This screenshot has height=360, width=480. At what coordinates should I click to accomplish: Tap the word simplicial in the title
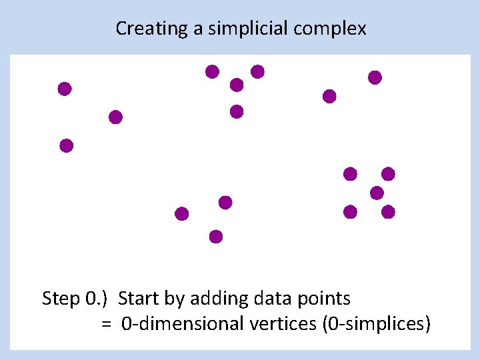click(239, 29)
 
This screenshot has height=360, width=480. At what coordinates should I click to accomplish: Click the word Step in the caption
click(61, 299)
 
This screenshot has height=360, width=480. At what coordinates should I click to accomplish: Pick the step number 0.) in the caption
click(97, 299)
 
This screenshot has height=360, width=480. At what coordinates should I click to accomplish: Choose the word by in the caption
click(175, 299)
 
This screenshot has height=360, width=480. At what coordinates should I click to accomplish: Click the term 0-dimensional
click(183, 325)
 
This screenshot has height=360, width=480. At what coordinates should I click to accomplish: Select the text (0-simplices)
click(377, 325)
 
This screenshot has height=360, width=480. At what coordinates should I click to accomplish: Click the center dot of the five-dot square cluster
click(377, 193)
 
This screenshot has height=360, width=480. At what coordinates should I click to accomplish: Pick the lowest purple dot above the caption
click(215, 236)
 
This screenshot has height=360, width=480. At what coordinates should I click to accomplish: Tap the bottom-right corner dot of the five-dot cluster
click(388, 212)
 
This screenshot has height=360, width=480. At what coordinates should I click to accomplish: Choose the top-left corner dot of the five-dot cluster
click(350, 174)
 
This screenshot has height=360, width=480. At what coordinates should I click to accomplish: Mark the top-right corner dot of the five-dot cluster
click(388, 174)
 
